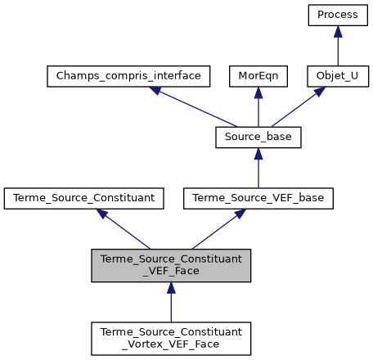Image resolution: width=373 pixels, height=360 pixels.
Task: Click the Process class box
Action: click(337, 15)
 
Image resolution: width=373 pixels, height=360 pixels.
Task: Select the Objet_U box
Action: click(337, 76)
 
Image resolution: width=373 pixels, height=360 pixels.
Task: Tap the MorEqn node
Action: click(258, 76)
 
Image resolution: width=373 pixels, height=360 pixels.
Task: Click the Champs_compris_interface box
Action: click(128, 76)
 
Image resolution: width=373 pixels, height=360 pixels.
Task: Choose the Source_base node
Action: click(258, 137)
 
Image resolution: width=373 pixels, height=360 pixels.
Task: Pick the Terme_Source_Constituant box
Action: click(84, 197)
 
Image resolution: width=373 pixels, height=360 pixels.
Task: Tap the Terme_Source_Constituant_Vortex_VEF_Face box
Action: click(171, 337)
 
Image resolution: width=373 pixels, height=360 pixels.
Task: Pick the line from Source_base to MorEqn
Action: click(258, 111)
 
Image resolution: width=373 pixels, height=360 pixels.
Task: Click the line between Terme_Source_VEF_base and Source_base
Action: click(258, 172)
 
